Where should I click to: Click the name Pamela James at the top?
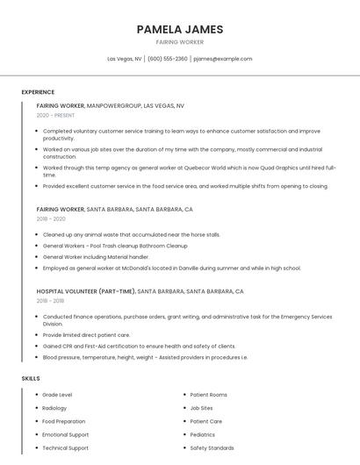180,29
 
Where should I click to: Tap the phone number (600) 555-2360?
167,59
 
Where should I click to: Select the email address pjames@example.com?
222,59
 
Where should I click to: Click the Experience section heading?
38,92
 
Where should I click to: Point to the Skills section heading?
31,378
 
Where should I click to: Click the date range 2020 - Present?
55,115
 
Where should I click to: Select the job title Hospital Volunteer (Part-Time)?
86,291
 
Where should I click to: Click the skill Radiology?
54,408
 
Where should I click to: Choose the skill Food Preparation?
64,421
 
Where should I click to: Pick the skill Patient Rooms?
208,395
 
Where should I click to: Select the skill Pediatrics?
202,434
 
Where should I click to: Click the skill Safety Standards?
212,447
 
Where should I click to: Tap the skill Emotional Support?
65,434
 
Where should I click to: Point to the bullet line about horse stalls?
131,235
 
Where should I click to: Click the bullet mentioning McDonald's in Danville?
171,268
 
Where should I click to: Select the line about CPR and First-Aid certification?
139,347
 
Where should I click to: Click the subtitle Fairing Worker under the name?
180,42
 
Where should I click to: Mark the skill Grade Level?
57,395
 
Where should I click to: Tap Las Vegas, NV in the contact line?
125,59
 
